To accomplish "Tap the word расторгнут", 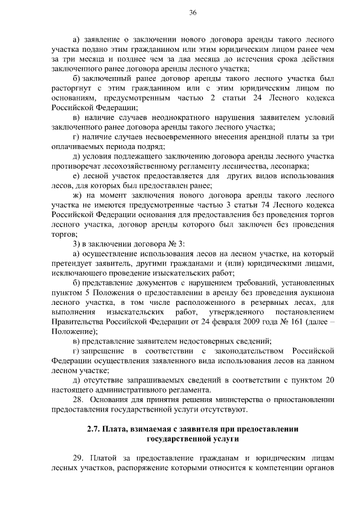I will [x=74, y=88].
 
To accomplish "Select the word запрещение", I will [x=106, y=352].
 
